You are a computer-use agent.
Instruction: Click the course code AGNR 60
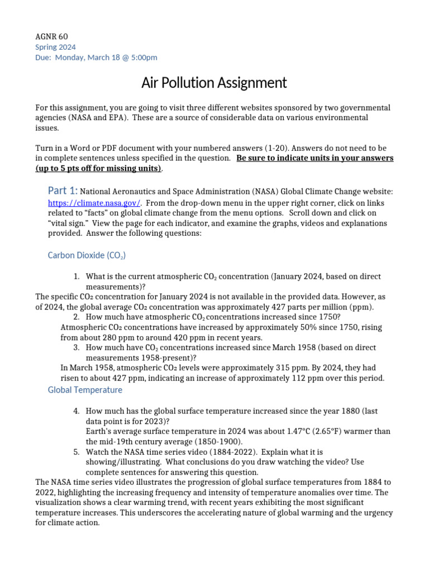pos(51,37)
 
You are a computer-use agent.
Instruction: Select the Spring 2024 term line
pos(55,47)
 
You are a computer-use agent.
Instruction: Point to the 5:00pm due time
pos(144,57)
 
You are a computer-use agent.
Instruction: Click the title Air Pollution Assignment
pos(214,83)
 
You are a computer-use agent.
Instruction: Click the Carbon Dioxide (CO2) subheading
pos(87,255)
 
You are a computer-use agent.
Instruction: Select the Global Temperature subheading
pos(85,390)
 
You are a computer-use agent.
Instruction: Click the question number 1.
pos(76,277)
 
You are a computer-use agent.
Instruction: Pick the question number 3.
pos(76,347)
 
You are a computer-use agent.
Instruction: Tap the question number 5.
pos(76,451)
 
